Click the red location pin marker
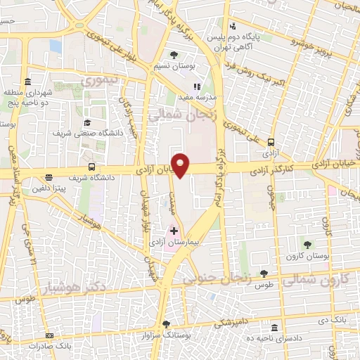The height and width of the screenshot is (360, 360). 181,165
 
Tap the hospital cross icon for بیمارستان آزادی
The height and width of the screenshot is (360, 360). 174,231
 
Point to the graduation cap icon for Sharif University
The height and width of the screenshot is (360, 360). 87,122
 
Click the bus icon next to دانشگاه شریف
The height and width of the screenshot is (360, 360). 92,167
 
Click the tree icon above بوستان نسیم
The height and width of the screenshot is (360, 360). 174,53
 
